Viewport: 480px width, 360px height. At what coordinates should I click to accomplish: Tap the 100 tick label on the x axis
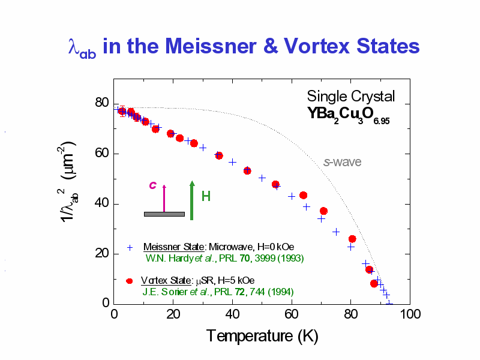(409, 315)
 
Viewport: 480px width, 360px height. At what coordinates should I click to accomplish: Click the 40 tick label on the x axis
(232, 315)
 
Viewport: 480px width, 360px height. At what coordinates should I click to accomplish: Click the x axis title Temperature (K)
(258, 336)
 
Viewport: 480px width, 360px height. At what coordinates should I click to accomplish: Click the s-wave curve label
(342, 161)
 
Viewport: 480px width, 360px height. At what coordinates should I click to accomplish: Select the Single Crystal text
(351, 96)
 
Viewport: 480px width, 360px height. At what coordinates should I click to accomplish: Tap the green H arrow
(192, 200)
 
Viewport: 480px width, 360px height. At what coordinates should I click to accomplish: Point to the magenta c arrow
(164, 198)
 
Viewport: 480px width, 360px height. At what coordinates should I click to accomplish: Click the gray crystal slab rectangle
(164, 214)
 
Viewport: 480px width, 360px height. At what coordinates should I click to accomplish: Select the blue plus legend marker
(130, 247)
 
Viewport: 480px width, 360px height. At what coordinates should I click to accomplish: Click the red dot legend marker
(129, 281)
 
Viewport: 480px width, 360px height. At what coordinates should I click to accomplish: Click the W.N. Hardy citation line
(225, 259)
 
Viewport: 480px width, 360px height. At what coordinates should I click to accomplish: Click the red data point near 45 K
(247, 170)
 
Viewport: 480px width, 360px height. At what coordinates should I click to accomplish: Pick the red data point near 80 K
(352, 239)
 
